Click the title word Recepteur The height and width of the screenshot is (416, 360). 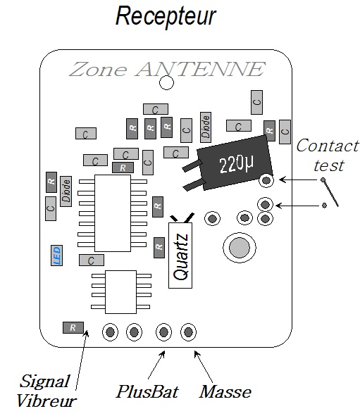click(x=166, y=16)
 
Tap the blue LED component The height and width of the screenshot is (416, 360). click(x=56, y=256)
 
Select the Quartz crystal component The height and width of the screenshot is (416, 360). click(x=180, y=256)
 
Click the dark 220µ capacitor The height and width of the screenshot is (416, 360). click(x=235, y=163)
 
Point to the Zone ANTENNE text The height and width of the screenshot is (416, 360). click(x=167, y=70)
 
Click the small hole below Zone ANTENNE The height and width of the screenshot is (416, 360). click(x=166, y=83)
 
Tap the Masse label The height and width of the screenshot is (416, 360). click(x=225, y=391)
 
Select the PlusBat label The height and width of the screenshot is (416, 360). click(x=148, y=391)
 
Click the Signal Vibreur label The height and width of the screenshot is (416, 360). click(x=46, y=391)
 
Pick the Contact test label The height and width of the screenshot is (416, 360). click(x=328, y=156)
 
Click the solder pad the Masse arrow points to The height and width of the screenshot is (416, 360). click(x=188, y=332)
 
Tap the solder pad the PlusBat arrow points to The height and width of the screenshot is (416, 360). click(x=163, y=332)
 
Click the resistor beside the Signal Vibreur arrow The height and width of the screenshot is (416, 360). click(x=73, y=327)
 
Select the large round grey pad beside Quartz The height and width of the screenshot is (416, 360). click(x=240, y=248)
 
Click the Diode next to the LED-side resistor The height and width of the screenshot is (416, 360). click(x=66, y=191)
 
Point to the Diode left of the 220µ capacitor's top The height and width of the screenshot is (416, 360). click(x=206, y=127)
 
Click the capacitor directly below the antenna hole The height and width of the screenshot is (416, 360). click(x=156, y=109)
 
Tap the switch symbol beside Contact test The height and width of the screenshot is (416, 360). click(x=330, y=192)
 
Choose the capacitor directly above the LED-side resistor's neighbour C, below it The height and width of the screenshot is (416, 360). click(x=51, y=208)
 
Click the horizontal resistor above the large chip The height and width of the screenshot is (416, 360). click(x=123, y=168)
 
